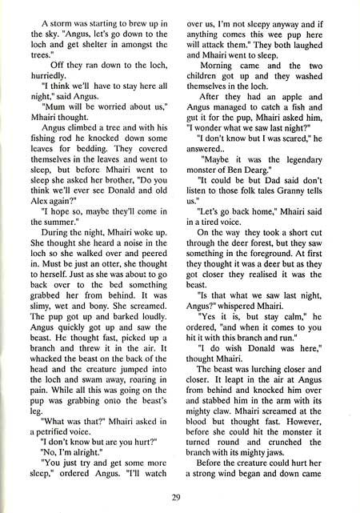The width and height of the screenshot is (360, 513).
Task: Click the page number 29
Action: click(x=176, y=498)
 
